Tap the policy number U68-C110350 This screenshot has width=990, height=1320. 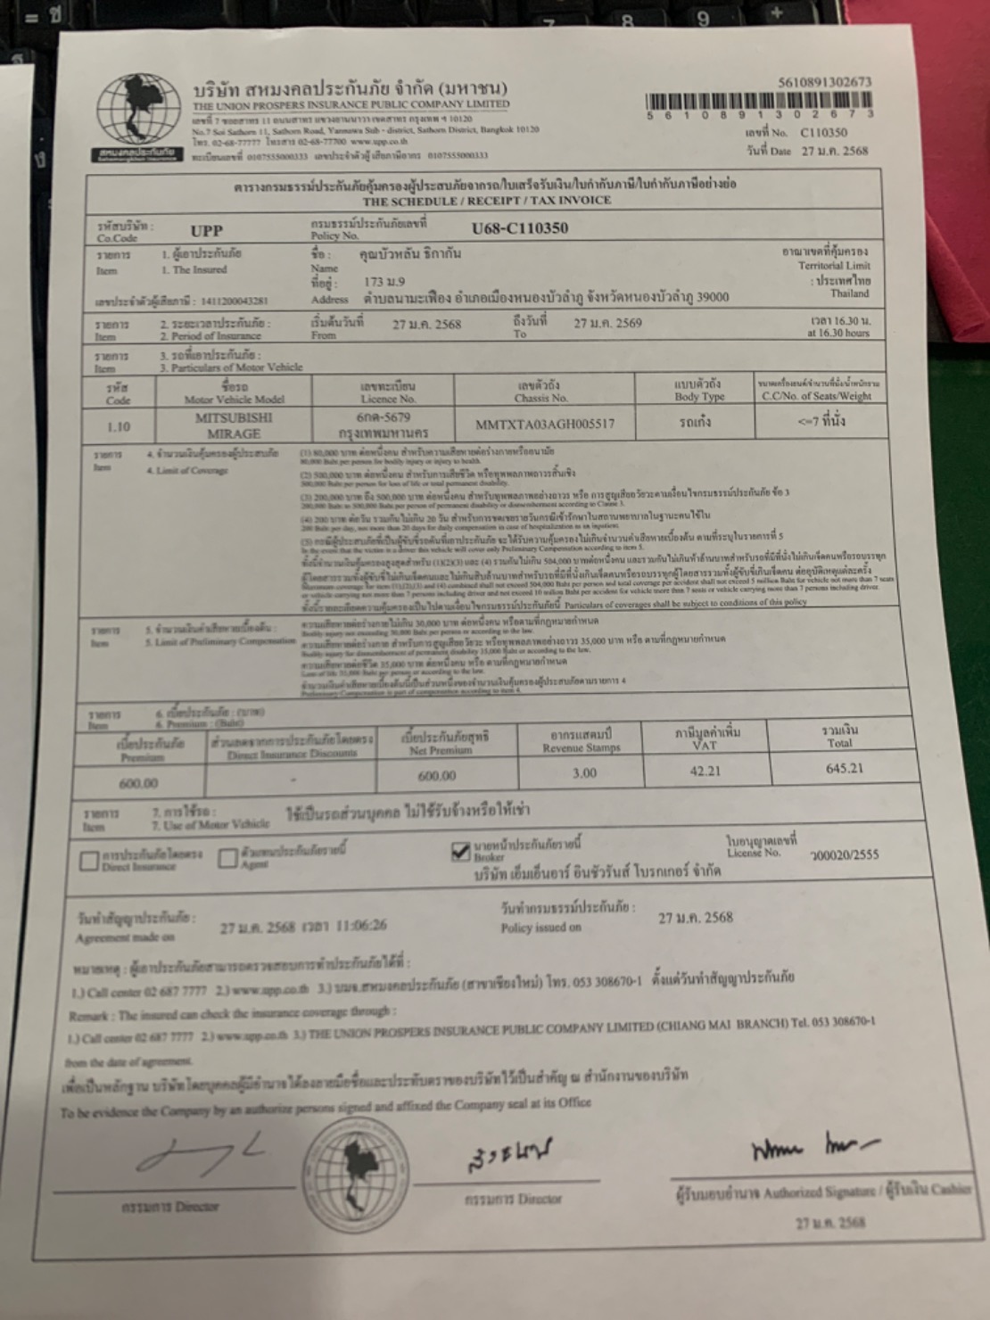coord(520,228)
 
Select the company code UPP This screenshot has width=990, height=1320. coord(206,231)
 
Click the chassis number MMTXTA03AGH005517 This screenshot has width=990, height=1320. coord(545,424)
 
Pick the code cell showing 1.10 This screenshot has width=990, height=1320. coord(119,426)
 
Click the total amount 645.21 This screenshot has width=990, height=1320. coord(844,768)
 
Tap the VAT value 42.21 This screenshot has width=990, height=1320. coord(705,771)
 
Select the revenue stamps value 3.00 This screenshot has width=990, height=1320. coord(584,773)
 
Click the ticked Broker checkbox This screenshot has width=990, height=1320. coord(460,852)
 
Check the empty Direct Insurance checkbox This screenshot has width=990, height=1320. coord(88,862)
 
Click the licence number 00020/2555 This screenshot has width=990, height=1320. coord(844,854)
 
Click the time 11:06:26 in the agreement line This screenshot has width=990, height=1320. coord(361,926)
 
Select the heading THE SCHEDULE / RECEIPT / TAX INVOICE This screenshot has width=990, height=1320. coord(486,200)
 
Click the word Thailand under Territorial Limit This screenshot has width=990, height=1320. coord(849,293)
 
